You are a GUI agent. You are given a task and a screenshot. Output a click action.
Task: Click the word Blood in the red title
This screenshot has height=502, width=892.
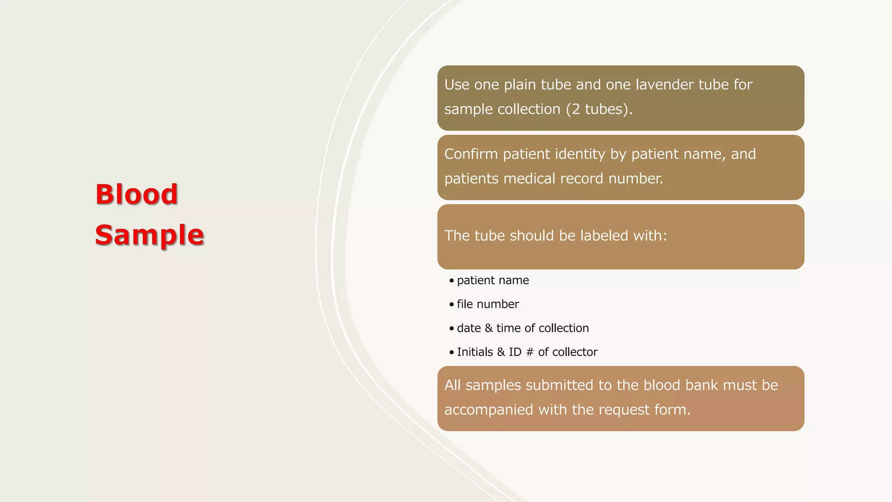pyautogui.click(x=136, y=194)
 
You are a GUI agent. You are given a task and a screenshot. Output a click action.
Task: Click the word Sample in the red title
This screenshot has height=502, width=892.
pyautogui.click(x=149, y=235)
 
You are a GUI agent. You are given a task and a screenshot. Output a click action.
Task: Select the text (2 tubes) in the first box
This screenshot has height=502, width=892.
pyautogui.click(x=599, y=109)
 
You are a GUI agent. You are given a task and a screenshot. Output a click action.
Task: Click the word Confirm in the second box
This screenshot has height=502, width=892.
pyautogui.click(x=471, y=154)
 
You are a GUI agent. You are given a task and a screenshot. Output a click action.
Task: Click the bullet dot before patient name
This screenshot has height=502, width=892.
pyautogui.click(x=452, y=281)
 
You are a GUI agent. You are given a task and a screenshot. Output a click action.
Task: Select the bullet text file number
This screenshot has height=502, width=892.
pyautogui.click(x=488, y=304)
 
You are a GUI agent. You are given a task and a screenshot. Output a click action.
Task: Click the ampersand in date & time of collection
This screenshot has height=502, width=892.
pyautogui.click(x=489, y=328)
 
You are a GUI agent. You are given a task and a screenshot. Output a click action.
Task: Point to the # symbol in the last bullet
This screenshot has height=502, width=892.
pyautogui.click(x=530, y=352)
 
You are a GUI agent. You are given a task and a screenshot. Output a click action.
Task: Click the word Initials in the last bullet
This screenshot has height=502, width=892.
pyautogui.click(x=475, y=352)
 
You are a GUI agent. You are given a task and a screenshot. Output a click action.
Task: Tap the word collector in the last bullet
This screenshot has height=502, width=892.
pyautogui.click(x=574, y=352)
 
